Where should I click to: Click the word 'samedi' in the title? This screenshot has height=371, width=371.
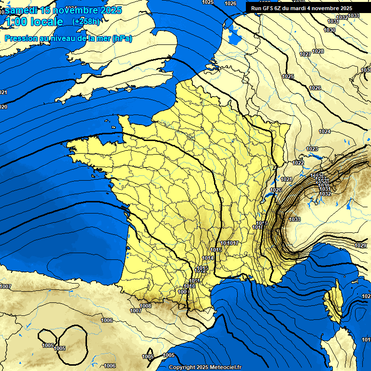pyautogui.click(x=20, y=10)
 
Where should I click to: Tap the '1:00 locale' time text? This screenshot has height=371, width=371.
pyautogui.click(x=34, y=22)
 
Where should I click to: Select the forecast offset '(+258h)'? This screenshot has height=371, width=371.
pyautogui.click(x=86, y=21)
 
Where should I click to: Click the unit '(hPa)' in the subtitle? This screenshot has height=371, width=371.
pyautogui.click(x=122, y=39)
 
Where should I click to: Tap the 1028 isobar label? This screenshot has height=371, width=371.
pyautogui.click(x=318, y=51)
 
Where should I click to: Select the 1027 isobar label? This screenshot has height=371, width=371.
pyautogui.click(x=305, y=54)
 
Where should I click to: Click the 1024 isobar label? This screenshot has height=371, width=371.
pyautogui.click(x=325, y=131)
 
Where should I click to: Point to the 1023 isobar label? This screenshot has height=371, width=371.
pyautogui.click(x=312, y=149)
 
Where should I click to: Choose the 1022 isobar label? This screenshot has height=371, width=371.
pyautogui.click(x=298, y=163)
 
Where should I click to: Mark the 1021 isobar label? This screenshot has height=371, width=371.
pyautogui.click(x=286, y=179)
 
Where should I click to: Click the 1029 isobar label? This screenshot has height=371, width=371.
pyautogui.click(x=360, y=245)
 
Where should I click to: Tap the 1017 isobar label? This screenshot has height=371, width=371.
pyautogui.click(x=234, y=243)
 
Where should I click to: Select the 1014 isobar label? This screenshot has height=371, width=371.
pyautogui.click(x=208, y=258)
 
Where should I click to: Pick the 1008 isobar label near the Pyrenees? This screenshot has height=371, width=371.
pyautogui.click(x=145, y=305)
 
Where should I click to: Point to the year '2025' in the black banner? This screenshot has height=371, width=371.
pyautogui.click(x=344, y=8)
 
